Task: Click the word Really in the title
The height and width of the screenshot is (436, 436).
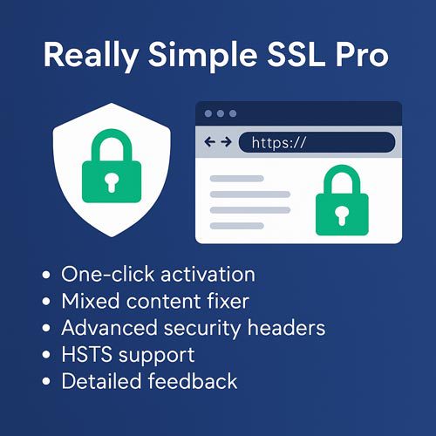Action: pyautogui.click(x=91, y=56)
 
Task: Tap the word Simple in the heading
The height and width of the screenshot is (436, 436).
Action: pyautogui.click(x=203, y=56)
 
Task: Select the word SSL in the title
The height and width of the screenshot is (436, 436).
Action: pyautogui.click(x=296, y=55)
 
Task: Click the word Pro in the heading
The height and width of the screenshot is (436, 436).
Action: pyautogui.click(x=362, y=55)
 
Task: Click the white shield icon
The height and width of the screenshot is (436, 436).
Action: pyautogui.click(x=112, y=170)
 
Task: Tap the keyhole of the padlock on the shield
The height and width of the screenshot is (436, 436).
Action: pyautogui.click(x=112, y=183)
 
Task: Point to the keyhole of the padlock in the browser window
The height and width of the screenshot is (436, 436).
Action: pyautogui.click(x=342, y=215)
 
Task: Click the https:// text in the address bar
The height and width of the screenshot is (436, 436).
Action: pyautogui.click(x=279, y=142)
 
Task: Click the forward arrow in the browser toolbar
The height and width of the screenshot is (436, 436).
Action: pyautogui.click(x=226, y=142)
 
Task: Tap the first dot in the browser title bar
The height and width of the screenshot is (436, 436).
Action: pyautogui.click(x=208, y=113)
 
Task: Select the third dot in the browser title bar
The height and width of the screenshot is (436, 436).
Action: pyautogui.click(x=233, y=113)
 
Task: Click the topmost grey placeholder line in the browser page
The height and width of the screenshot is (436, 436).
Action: pyautogui.click(x=237, y=179)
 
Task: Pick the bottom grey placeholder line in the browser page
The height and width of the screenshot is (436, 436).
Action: pyautogui.click(x=237, y=226)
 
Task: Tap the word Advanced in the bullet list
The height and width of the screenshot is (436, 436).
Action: pyautogui.click(x=110, y=328)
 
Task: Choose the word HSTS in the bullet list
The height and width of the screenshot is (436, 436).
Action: pyautogui.click(x=86, y=354)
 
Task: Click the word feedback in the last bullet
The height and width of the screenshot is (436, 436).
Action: pyautogui.click(x=193, y=381)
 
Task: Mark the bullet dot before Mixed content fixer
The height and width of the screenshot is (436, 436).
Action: pyautogui.click(x=46, y=301)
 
